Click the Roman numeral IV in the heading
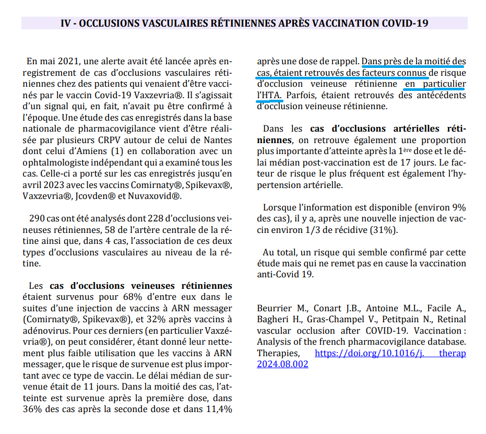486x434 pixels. click(x=66, y=24)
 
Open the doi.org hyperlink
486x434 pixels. click(x=390, y=353)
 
